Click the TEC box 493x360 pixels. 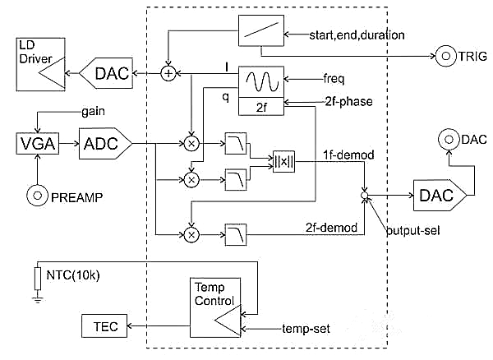(100, 327)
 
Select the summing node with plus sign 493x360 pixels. (169, 75)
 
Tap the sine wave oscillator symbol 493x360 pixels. (260, 80)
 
